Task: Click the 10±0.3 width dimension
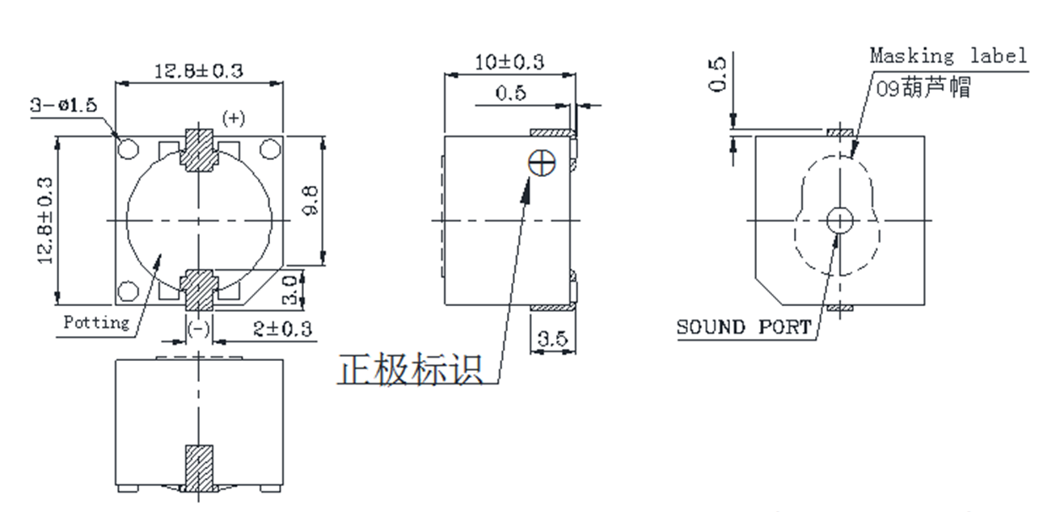pyautogui.click(x=509, y=61)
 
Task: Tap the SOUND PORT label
pyautogui.click(x=743, y=327)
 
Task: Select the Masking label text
pyautogui.click(x=948, y=56)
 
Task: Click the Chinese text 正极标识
pyautogui.click(x=410, y=370)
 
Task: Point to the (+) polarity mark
pyautogui.click(x=233, y=119)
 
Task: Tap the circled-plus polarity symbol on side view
pyautogui.click(x=542, y=163)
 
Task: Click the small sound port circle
pyautogui.click(x=839, y=219)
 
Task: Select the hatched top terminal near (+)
pyautogui.click(x=198, y=150)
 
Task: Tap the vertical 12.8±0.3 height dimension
pyautogui.click(x=45, y=220)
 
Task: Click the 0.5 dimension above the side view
pyautogui.click(x=511, y=94)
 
